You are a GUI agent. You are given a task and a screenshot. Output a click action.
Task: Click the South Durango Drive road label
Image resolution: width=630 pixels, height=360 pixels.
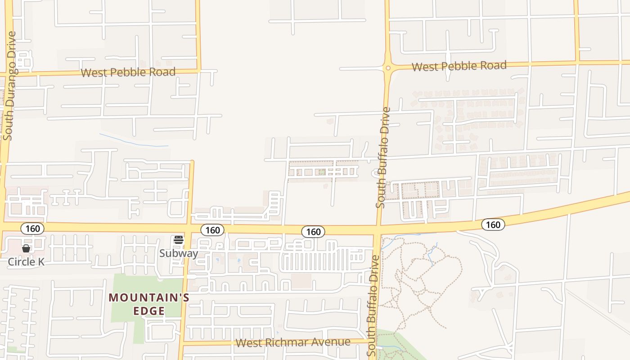(x=9, y=85)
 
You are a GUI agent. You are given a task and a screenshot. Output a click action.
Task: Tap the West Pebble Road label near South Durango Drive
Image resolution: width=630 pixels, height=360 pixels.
(x=128, y=72)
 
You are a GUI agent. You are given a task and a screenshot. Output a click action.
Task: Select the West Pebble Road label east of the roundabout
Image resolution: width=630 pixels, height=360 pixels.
(x=459, y=66)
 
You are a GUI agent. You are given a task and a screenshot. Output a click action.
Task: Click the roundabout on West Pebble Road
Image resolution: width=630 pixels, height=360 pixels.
(x=387, y=68)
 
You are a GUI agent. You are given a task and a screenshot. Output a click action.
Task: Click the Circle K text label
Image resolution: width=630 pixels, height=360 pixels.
(x=26, y=261)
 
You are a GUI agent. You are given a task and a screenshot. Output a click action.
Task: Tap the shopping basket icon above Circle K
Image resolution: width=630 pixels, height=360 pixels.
(x=26, y=248)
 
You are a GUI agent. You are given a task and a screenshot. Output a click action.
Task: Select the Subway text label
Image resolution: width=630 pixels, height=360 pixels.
(x=179, y=253)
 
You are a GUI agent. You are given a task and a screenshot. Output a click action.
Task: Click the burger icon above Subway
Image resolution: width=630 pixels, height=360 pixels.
(x=179, y=240)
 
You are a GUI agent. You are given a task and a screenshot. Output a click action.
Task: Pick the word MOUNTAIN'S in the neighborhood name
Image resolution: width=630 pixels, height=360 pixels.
(x=149, y=298)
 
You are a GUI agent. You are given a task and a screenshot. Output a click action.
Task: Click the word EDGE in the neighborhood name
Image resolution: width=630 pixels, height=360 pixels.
(x=149, y=310)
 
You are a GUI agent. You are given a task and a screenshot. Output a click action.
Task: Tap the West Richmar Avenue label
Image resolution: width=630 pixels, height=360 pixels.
(x=293, y=342)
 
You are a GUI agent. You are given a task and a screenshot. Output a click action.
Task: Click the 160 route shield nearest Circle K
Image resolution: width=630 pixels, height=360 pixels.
(x=33, y=229)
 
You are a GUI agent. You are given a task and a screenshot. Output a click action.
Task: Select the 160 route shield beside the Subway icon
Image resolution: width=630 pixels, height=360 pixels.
(x=212, y=230)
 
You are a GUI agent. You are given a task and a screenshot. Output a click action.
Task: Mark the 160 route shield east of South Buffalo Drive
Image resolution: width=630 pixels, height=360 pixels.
(x=493, y=224)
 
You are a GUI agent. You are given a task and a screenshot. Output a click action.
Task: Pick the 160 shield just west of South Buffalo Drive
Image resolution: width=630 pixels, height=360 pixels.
(x=313, y=232)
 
